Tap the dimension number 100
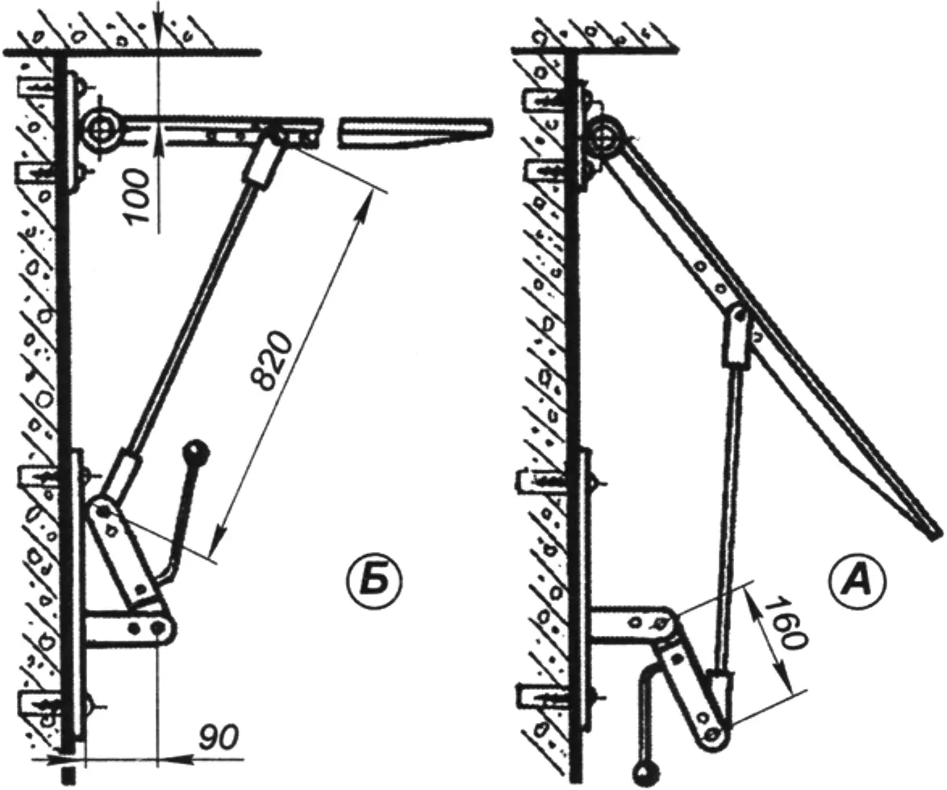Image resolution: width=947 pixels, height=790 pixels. pos(136,196)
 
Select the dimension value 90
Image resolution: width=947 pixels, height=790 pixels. pos(219,736)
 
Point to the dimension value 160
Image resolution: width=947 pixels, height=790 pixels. pos(785,623)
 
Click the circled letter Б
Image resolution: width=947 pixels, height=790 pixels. pos(374,581)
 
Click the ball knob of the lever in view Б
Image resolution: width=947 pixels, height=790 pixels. pos(198,450)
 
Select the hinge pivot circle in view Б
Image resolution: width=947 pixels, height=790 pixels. pos(102,130)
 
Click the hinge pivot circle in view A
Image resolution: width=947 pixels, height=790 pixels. pos(603,138)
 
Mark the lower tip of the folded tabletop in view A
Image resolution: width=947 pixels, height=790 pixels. pos(934,533)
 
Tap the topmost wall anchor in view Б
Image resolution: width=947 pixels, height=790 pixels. pos(40,88)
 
